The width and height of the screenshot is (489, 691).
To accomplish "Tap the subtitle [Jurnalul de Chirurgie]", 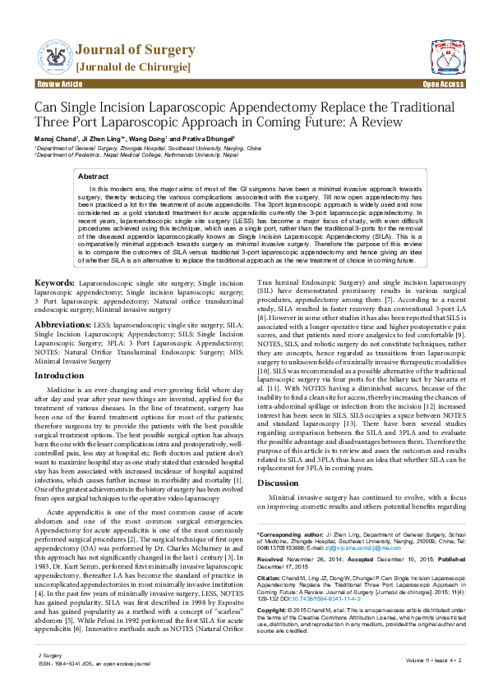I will click(133, 65).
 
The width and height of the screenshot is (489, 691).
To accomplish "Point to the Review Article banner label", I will click(60, 85).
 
